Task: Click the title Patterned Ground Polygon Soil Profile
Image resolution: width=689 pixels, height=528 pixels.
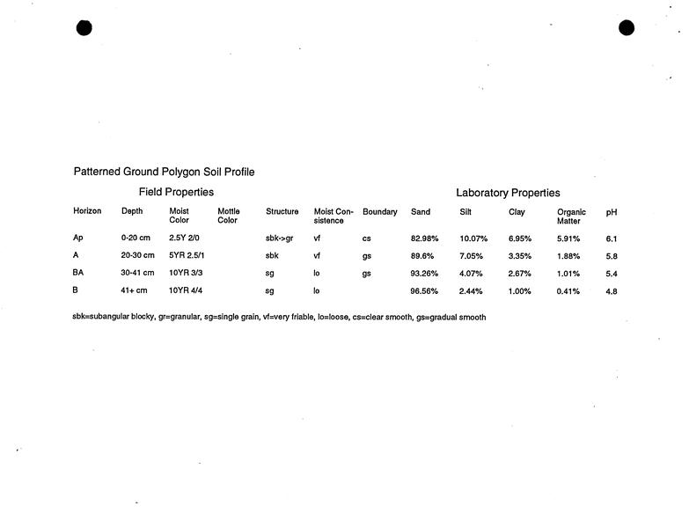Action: coord(164,172)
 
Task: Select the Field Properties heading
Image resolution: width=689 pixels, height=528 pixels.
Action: coord(176,192)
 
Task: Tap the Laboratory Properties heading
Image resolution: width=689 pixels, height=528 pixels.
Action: coord(508,193)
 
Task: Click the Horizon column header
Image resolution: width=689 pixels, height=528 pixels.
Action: coord(87,211)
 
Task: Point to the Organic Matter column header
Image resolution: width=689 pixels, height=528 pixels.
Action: coord(571,216)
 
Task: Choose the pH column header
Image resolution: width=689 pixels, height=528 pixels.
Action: coord(612,212)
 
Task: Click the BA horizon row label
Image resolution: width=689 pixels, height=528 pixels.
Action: coord(78,273)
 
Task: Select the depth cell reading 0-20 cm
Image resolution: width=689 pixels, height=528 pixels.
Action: coord(136,238)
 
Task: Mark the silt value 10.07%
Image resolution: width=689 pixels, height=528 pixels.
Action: coord(473,239)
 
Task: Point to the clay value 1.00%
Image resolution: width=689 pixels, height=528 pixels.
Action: coord(520,291)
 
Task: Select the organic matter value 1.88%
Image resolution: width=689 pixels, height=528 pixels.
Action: coord(568,256)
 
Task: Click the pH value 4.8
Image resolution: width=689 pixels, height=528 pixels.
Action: coord(612,291)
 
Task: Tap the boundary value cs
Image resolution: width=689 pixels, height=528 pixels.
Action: coord(366,238)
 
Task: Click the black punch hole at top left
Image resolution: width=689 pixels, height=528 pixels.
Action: coord(84,27)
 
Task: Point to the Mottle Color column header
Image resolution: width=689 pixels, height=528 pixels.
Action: coord(228,216)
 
